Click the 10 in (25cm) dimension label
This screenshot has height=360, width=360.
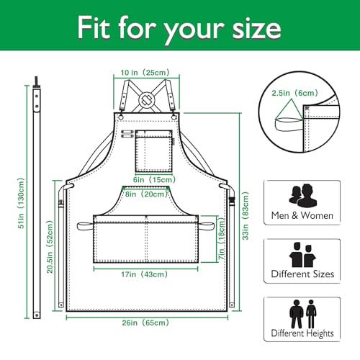coord(145,73)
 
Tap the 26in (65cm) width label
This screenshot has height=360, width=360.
coord(145,323)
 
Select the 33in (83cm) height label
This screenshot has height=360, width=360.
coord(246,216)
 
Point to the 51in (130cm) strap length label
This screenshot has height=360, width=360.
coord(21,203)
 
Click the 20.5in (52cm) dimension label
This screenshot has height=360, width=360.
coord(50,247)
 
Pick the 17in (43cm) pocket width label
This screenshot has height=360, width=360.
coord(144,274)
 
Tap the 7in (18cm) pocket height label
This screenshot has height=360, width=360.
coord(222,238)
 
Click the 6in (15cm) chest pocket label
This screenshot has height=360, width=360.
coord(154,179)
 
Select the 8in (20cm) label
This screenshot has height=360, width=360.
coord(146,194)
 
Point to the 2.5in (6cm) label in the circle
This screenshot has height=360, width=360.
coord(295,93)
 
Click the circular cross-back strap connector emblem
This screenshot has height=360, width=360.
coord(146,100)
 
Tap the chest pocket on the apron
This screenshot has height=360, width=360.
coord(154,151)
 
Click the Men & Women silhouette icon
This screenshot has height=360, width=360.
coord(302,196)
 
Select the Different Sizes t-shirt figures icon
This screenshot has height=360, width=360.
coord(302,255)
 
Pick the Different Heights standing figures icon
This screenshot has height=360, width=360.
coord(303,314)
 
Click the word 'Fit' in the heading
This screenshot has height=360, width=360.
coord(93,27)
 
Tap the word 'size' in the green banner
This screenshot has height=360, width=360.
coord(256,29)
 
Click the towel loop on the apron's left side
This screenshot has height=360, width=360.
coord(85,226)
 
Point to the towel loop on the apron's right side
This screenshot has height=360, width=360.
coord(206,225)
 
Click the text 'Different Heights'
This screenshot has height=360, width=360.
coord(302,333)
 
